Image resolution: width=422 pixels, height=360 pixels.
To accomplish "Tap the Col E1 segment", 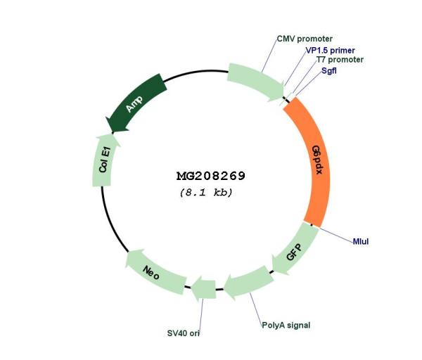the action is pos(104,161).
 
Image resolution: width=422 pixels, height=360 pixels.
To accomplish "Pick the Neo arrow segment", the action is pos(155,272).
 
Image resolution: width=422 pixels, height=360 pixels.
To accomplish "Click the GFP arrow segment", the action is pos(295,250).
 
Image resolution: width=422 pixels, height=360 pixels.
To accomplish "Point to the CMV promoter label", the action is pos(305,39).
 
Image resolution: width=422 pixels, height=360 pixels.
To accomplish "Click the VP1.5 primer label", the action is pos(331,51).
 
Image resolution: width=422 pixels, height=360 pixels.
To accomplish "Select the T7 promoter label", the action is pos(340,60).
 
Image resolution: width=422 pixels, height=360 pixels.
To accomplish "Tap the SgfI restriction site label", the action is pos(329,71).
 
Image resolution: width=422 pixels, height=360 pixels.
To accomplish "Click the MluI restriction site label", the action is pos(361,241).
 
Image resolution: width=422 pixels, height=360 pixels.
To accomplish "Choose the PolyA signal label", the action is pos(286,325).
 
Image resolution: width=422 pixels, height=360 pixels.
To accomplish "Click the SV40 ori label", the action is pos(184,333).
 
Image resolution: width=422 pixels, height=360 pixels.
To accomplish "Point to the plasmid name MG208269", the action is pos(211,176).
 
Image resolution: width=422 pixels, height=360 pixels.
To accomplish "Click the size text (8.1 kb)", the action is pos(206,193).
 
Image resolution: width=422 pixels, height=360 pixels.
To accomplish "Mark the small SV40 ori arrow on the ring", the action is pos(203,289).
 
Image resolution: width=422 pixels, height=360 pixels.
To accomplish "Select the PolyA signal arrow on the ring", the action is pos(249,283).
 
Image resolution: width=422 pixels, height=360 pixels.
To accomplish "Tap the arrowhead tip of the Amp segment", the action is pos(113,132).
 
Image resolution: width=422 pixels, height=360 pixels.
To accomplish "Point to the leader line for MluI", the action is pos(335,233).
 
